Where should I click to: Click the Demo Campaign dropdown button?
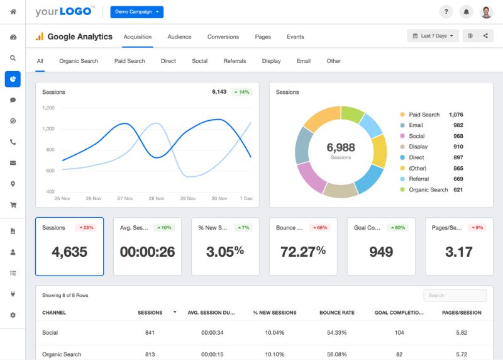coord(136,12)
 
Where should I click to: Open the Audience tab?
coord(179,37)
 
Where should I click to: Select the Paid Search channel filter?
coord(130,61)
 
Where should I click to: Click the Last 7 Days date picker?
coord(433,36)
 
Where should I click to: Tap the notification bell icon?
coord(466,12)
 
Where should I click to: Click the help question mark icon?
coord(446,12)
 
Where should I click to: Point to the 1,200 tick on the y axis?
coord(48,108)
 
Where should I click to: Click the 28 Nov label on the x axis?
coord(156,198)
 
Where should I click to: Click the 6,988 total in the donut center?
coord(341,147)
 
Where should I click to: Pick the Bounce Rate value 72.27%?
coord(303,252)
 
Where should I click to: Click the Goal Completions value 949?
coord(381,252)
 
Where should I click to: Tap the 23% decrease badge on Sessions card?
coord(86,227)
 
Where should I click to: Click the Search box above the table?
coord(455,295)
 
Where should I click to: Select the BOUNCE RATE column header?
coord(337,313)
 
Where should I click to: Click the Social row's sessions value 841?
coord(149,332)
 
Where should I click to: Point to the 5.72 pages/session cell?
coord(461,354)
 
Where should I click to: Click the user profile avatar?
coord(486,12)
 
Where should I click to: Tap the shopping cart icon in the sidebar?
coord(13,205)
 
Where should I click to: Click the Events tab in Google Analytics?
coord(296,37)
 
